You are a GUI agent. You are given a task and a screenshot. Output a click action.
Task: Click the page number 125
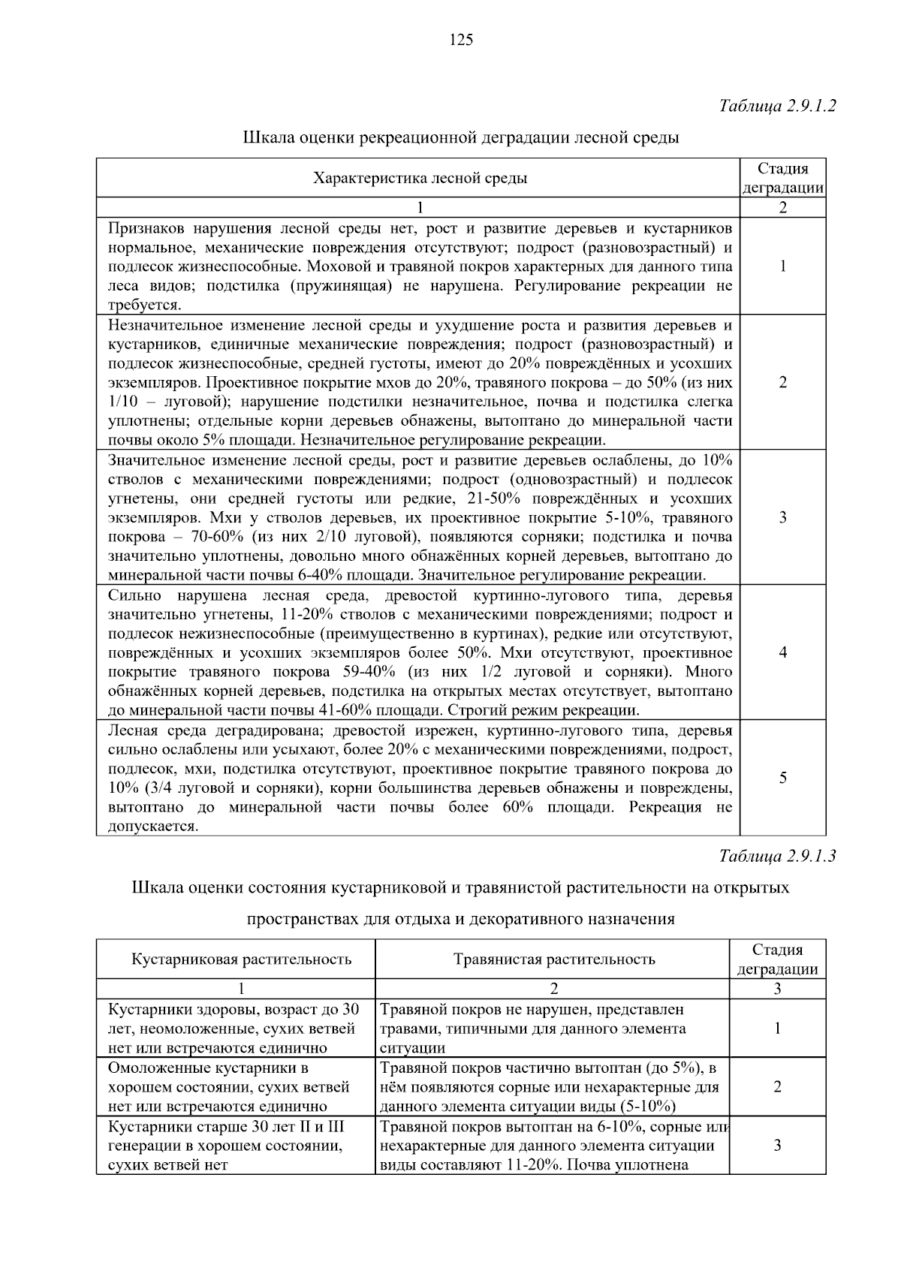click(461, 40)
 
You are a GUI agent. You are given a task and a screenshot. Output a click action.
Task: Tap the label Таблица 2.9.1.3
click(777, 855)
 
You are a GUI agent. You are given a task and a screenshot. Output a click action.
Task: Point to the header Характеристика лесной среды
click(419, 178)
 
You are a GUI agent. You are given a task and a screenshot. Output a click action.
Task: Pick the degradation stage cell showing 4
click(782, 652)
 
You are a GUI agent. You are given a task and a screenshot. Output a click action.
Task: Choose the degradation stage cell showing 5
click(782, 778)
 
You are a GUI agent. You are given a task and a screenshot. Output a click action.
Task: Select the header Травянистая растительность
click(554, 959)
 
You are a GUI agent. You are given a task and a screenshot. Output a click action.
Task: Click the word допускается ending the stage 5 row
click(152, 827)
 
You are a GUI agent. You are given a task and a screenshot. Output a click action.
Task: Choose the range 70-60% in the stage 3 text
click(197, 537)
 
